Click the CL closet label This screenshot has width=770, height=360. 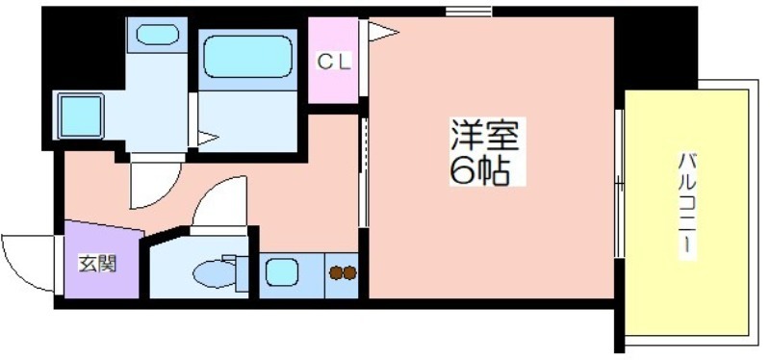[333, 62]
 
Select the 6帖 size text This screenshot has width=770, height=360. [478, 169]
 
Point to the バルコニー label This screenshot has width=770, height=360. [687, 202]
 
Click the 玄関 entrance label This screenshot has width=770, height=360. [97, 264]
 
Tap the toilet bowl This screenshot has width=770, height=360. [215, 273]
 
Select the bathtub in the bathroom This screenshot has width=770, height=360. [248, 56]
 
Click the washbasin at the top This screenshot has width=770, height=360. [157, 35]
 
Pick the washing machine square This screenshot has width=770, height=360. [81, 116]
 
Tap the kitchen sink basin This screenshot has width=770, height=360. [282, 272]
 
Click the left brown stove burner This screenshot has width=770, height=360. [336, 272]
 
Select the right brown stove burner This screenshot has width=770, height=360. [349, 272]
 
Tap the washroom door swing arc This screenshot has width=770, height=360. [165, 194]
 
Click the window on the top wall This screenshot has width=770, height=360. [469, 11]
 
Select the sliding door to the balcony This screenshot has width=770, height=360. [619, 183]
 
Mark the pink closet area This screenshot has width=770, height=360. [333, 61]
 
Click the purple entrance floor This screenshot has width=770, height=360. [101, 260]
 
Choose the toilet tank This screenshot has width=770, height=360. [242, 273]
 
